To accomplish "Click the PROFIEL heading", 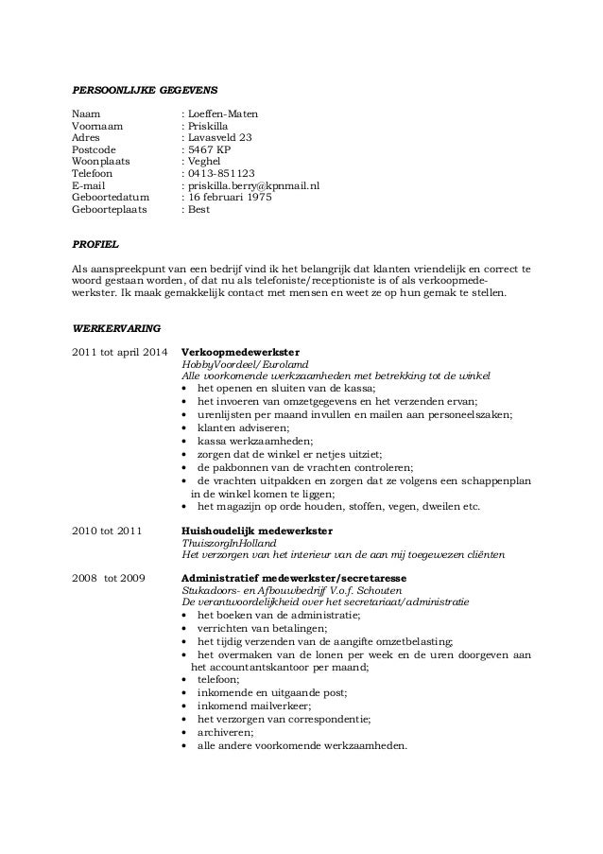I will pyautogui.click(x=95, y=244).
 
